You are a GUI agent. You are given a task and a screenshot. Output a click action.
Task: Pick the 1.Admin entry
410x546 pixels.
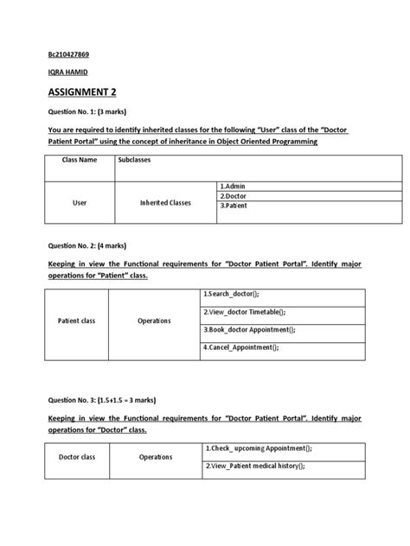(x=234, y=186)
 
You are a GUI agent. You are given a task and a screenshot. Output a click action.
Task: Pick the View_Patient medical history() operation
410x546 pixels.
(x=257, y=466)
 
